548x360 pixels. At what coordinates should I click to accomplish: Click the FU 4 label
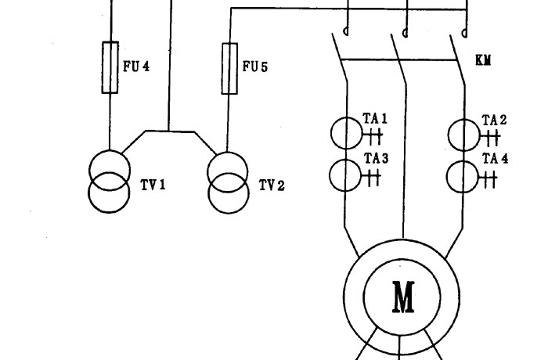[x=135, y=66]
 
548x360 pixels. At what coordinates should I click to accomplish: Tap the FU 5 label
[x=254, y=67]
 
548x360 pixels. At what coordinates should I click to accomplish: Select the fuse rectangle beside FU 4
[x=110, y=67]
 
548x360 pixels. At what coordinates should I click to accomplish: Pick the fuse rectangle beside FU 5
[x=229, y=67]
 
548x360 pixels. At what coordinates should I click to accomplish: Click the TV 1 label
[x=153, y=185]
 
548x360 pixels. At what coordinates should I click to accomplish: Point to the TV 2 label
[x=272, y=185]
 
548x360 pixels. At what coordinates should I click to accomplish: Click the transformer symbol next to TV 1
[x=110, y=182]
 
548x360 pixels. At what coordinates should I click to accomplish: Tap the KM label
[x=483, y=60]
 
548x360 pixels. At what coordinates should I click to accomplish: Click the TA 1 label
[x=375, y=119]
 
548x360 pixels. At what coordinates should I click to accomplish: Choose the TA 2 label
[x=494, y=120]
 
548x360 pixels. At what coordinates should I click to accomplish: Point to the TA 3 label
[x=375, y=158]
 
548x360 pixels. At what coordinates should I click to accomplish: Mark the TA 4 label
[x=494, y=159]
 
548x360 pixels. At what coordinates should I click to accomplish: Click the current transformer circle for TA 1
[x=345, y=133]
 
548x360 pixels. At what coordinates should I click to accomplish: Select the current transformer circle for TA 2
[x=463, y=134]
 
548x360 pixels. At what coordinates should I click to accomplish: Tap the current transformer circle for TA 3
[x=345, y=175]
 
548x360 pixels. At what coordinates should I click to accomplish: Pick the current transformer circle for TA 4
[x=463, y=175]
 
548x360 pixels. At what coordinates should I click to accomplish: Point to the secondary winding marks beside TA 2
[x=491, y=138]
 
